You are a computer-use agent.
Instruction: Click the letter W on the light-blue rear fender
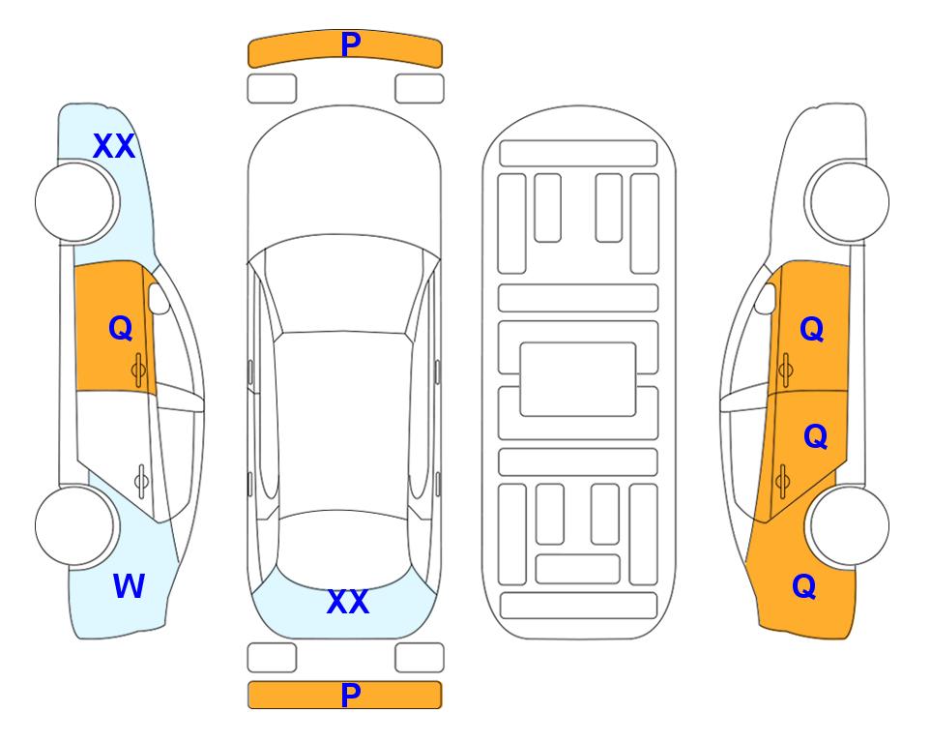tap(129, 586)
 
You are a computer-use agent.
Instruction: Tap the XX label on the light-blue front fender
tap(114, 146)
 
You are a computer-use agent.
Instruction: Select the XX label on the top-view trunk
tap(348, 602)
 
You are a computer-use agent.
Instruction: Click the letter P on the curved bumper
tap(351, 45)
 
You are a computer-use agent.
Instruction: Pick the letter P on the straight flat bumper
tap(351, 695)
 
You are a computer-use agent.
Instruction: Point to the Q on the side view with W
tap(121, 328)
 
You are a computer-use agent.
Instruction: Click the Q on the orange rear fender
tap(804, 586)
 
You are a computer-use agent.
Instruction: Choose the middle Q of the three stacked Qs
tap(815, 436)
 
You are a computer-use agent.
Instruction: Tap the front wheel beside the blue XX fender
tap(75, 202)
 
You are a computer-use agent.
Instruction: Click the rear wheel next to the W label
tap(75, 525)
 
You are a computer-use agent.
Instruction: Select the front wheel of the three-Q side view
tap(848, 202)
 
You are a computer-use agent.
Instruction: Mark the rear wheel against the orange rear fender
tap(848, 525)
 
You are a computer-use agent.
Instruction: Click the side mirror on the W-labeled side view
tap(159, 298)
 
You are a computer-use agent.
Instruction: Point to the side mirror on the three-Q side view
tap(766, 298)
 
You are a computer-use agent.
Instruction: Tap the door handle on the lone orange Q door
tap(138, 370)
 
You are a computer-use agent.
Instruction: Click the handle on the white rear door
tap(141, 481)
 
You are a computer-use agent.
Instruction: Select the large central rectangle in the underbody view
tap(578, 379)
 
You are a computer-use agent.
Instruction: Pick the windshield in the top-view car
tap(344, 284)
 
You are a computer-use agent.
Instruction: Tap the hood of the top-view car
tap(344, 178)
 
